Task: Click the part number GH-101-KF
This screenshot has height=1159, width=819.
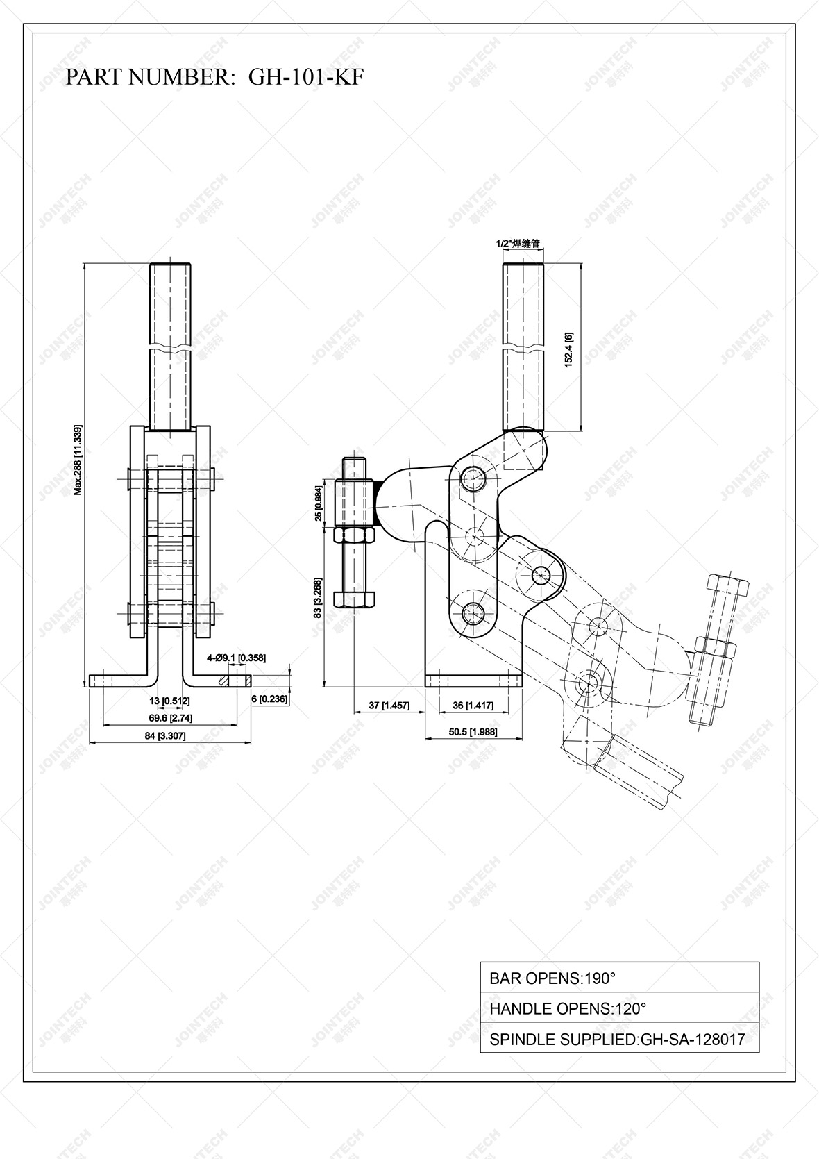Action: point(305,77)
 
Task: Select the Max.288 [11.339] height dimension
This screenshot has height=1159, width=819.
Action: point(78,459)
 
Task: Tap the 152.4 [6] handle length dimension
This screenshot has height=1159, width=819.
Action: point(568,349)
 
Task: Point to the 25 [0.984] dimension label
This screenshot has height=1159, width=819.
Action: point(319,503)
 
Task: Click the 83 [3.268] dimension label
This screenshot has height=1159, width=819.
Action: point(318,597)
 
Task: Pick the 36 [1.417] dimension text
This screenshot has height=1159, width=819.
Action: point(473,706)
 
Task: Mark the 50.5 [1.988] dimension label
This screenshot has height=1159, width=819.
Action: point(473,732)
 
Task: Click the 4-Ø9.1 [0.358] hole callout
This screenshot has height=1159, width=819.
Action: point(236,657)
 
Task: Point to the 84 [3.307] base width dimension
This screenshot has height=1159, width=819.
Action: point(165,736)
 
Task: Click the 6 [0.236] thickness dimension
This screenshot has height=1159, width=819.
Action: point(269,699)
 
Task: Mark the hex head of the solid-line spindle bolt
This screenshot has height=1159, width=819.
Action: point(355,599)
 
